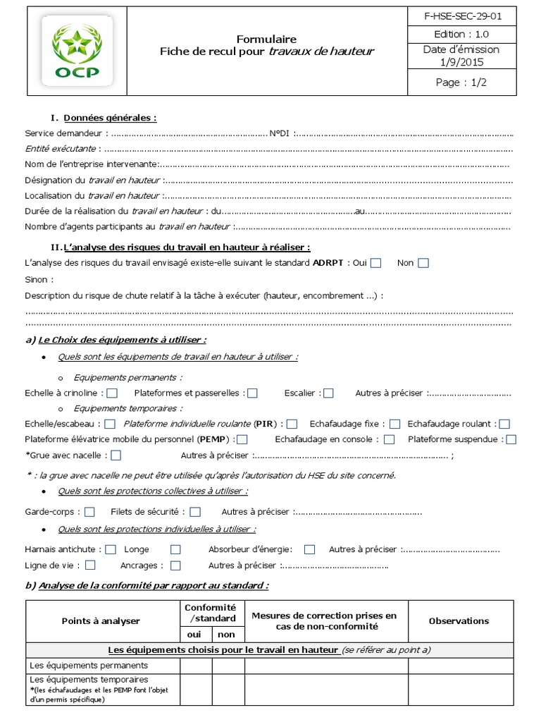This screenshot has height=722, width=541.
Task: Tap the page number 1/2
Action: point(461,82)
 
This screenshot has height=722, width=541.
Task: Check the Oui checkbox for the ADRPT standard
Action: point(376,263)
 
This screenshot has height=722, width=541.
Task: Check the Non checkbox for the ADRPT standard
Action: point(423,263)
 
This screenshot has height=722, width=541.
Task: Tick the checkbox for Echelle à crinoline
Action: point(112,393)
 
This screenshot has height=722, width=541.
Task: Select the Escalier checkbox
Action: point(328,393)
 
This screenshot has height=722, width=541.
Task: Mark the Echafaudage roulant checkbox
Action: point(504,424)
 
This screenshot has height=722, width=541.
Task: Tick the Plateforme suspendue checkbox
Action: point(511,439)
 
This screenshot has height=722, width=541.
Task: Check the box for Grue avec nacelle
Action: point(116,455)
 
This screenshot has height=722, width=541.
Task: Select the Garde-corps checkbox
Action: point(90,512)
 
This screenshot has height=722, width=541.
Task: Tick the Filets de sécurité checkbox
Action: point(195,512)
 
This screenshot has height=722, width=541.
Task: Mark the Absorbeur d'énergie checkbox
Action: point(309,549)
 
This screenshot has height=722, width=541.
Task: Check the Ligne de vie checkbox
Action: point(91,565)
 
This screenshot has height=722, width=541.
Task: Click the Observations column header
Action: point(459,620)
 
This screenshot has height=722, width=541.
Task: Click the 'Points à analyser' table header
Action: point(101,620)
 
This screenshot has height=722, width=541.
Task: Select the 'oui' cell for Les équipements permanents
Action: point(194,664)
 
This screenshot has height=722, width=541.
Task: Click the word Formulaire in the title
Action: point(266,39)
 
